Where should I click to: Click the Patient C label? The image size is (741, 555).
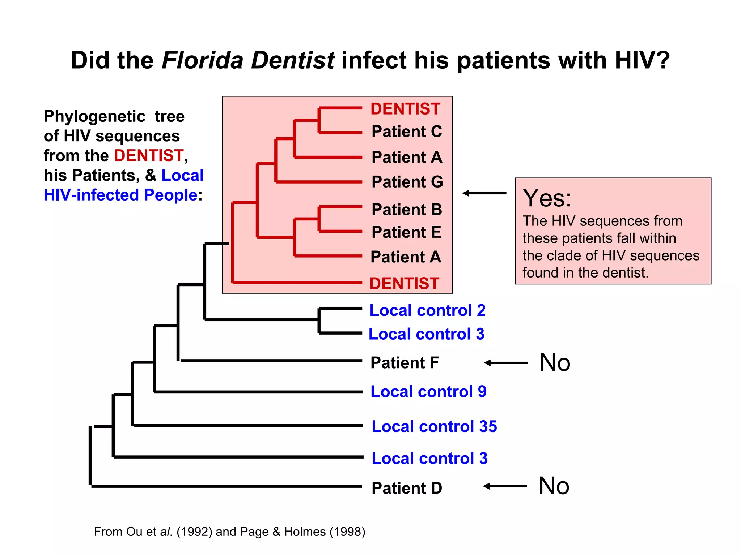tap(406, 132)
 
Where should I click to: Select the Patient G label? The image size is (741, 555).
tap(407, 182)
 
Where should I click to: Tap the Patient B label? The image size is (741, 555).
tap(407, 210)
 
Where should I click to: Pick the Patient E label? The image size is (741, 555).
tap(406, 232)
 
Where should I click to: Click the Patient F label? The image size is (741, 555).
tap(405, 363)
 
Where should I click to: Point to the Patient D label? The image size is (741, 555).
tap(407, 488)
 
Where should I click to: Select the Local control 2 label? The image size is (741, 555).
tap(427, 310)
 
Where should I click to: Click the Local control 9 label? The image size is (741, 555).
tap(428, 392)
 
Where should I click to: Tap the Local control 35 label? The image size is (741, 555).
tap(434, 427)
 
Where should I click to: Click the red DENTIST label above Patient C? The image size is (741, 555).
tap(405, 109)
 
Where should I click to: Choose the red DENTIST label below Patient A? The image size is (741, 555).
tap(404, 284)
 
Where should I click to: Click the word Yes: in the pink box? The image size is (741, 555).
tap(547, 198)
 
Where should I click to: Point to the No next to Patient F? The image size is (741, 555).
tap(555, 363)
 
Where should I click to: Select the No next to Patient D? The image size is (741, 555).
tap(554, 486)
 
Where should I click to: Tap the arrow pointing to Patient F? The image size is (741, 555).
tap(506, 363)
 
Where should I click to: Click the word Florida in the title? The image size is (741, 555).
tap(202, 60)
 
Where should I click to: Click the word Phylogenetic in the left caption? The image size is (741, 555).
tap(94, 116)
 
